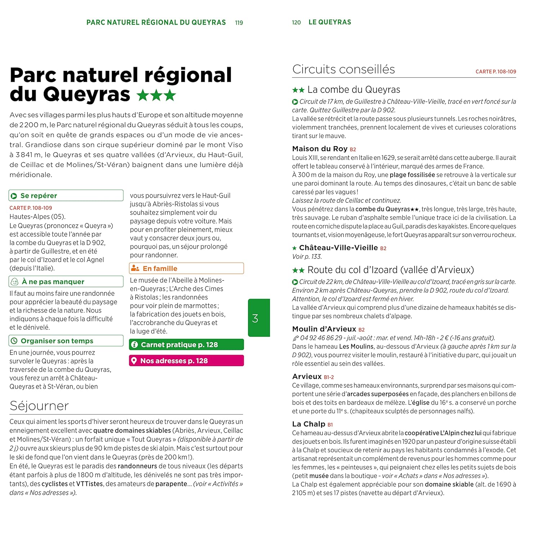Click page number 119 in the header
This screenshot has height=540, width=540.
(x=239, y=23)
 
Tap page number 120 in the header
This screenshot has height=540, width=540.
(x=296, y=23)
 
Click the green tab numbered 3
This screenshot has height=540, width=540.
(x=259, y=318)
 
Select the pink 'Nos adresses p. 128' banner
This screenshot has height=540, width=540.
(x=186, y=361)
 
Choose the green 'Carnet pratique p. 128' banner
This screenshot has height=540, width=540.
(x=186, y=345)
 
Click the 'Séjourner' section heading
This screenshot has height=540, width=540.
(x=39, y=406)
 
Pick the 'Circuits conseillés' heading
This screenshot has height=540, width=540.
(x=343, y=69)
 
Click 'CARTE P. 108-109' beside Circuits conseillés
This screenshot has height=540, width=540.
(x=496, y=72)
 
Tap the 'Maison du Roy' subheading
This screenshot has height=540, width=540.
(x=320, y=149)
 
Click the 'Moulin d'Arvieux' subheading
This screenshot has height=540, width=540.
(x=324, y=329)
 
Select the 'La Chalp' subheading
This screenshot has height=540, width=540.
(x=309, y=424)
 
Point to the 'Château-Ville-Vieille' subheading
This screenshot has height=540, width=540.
(x=338, y=248)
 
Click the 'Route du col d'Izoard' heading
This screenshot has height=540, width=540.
(x=390, y=270)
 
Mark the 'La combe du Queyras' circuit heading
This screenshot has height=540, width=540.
(x=354, y=90)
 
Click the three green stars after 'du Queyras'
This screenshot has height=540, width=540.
(x=156, y=95)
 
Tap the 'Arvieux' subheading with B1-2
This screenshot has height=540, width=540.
(x=307, y=377)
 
